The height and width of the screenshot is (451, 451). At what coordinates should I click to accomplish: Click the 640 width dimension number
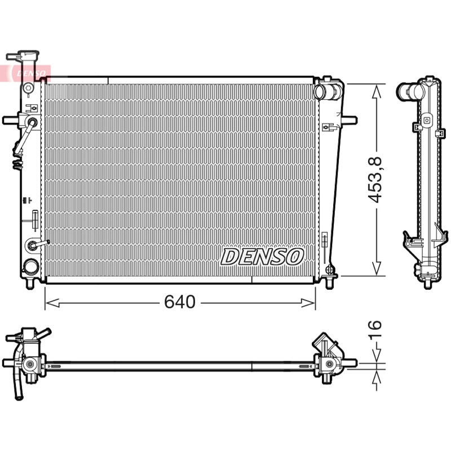click(180, 302)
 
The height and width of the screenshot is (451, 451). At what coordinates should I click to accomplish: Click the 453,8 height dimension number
click(375, 179)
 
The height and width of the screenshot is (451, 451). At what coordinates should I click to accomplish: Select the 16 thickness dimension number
click(375, 329)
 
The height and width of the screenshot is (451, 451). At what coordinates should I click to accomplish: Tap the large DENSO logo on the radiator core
click(262, 257)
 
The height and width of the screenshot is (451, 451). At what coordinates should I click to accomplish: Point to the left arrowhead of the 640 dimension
click(52, 303)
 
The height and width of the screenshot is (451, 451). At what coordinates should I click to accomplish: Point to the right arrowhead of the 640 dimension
click(308, 303)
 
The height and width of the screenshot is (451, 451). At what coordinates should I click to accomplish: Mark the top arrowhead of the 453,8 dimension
click(377, 91)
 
